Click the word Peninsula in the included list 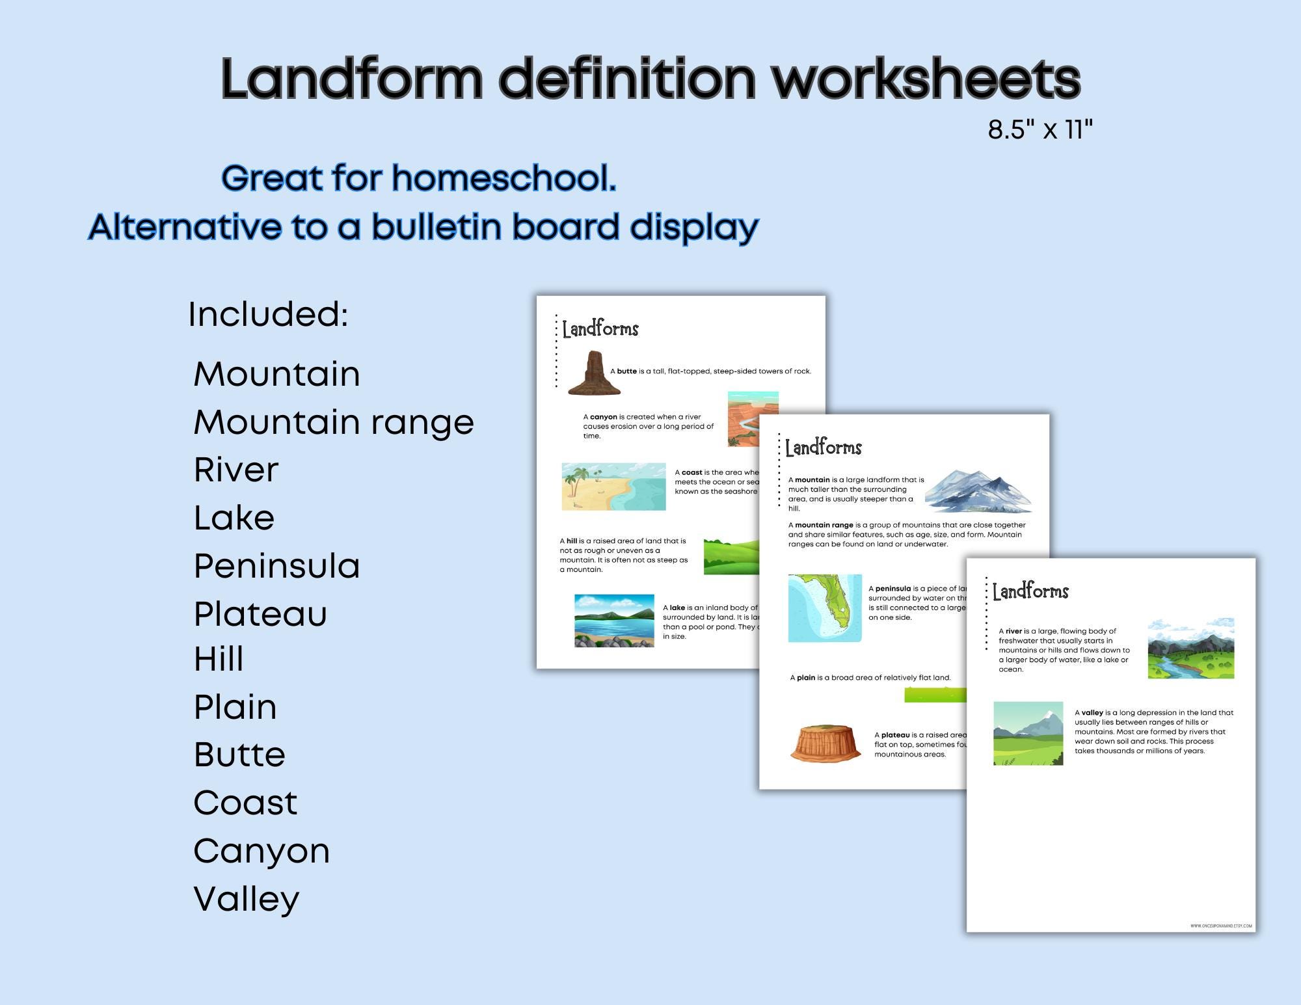[x=276, y=566]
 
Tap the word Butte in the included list [x=239, y=755]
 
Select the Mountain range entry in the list [x=334, y=422]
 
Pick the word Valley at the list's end [x=247, y=899]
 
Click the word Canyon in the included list [x=262, y=851]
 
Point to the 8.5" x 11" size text [x=1039, y=129]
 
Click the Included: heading [x=268, y=314]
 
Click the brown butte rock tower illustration [x=593, y=373]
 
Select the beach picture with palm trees [x=613, y=487]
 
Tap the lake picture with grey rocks [x=614, y=621]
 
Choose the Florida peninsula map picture [x=825, y=608]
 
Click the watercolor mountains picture [x=978, y=491]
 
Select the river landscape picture [x=1190, y=649]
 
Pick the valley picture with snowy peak [x=1028, y=733]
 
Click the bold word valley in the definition [x=1093, y=712]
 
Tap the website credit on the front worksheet [x=1221, y=926]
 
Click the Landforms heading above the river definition [x=1030, y=591]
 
